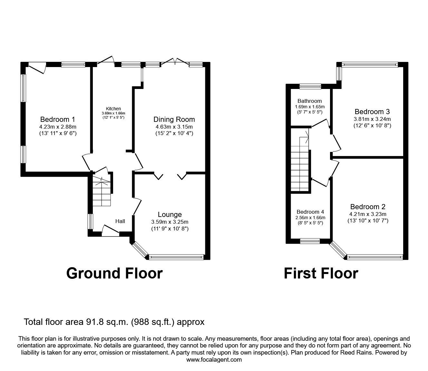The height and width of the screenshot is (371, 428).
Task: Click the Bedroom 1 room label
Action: click(58, 119)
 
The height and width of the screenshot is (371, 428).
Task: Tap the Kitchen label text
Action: click(113, 109)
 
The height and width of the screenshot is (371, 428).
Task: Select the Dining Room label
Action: click(174, 119)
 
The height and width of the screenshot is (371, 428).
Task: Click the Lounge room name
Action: click(170, 215)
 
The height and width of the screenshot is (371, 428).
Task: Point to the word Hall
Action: click(120, 221)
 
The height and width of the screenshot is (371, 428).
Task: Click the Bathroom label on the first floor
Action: click(309, 101)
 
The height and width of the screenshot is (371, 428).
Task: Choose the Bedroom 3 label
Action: click(372, 112)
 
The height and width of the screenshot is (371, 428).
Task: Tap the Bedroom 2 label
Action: click(368, 207)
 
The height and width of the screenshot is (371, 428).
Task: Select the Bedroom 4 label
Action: click(310, 212)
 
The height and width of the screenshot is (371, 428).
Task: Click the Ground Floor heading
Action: click(114, 273)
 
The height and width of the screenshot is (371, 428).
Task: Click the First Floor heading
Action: click(321, 273)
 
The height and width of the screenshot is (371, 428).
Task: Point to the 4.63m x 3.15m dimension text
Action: click(174, 127)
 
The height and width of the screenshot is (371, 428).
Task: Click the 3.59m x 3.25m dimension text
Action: click(170, 222)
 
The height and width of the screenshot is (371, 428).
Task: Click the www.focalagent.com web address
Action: click(214, 360)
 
